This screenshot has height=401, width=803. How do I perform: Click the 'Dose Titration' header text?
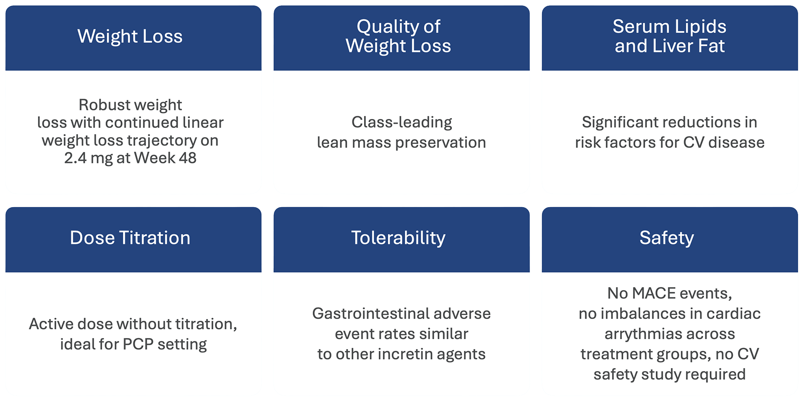tap(130, 238)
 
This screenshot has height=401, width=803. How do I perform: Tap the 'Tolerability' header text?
tap(398, 238)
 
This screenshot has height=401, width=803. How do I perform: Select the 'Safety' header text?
tap(666, 238)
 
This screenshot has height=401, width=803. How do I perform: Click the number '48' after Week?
tap(187, 158)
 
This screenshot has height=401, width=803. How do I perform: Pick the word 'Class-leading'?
tap(401, 123)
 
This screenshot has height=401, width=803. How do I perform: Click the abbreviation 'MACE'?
tap(654, 294)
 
